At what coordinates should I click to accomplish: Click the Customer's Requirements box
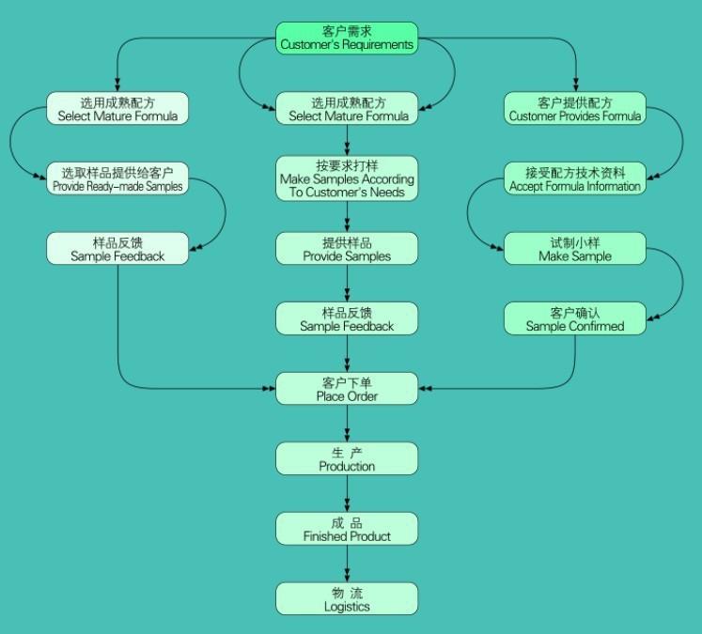[x=346, y=38]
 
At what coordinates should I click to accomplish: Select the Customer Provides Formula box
[x=574, y=108]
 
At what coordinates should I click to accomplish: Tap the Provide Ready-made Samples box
[x=117, y=178]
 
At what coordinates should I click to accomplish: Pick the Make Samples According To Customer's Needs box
[x=347, y=178]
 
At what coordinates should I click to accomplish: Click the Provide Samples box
[x=347, y=249]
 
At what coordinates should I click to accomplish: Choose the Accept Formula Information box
[x=574, y=178]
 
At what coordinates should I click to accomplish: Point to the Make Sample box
[x=574, y=249]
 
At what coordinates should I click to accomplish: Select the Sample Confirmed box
[x=574, y=318]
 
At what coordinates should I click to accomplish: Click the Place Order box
[x=347, y=389]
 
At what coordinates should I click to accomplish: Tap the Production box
[x=347, y=459]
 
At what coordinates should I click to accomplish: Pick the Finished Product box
[x=347, y=529]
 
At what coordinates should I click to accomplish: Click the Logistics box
[x=347, y=599]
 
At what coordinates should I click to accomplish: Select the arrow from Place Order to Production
[x=348, y=424]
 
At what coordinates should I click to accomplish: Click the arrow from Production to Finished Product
[x=348, y=494]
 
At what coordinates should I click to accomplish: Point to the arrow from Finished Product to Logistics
[x=348, y=564]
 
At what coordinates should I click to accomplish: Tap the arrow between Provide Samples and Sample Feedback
[x=348, y=284]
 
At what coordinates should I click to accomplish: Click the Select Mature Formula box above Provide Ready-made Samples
[x=117, y=108]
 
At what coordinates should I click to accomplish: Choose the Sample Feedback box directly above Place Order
[x=347, y=318]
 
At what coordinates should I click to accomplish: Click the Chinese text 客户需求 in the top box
[x=346, y=31]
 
